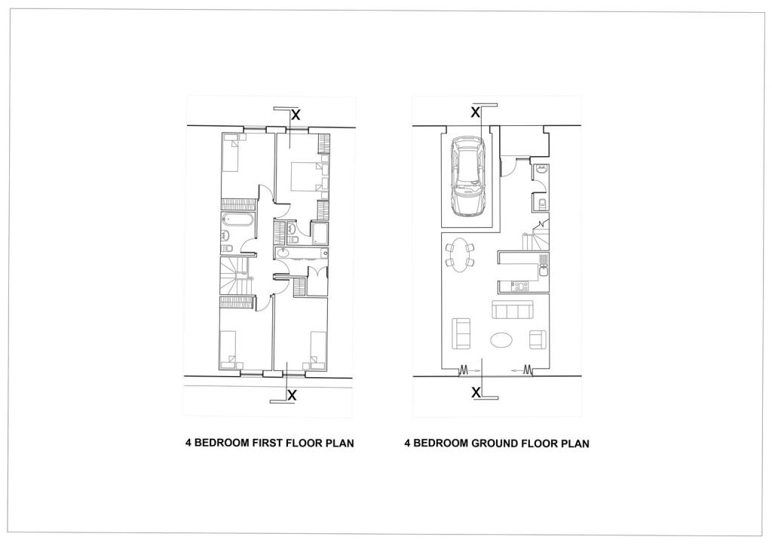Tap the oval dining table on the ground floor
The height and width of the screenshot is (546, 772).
pyautogui.click(x=461, y=253)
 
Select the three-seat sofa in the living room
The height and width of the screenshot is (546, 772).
pyautogui.click(x=512, y=310)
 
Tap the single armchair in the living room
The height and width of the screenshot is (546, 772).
pyautogui.click(x=538, y=340)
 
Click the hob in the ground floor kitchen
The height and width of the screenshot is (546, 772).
pyautogui.click(x=519, y=286)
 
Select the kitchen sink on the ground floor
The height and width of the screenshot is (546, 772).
pyautogui.click(x=543, y=265)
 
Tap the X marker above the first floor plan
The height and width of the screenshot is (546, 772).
pyautogui.click(x=296, y=115)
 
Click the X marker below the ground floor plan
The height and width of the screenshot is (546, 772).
pyautogui.click(x=476, y=392)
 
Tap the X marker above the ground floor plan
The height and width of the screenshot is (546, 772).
pyautogui.click(x=475, y=112)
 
